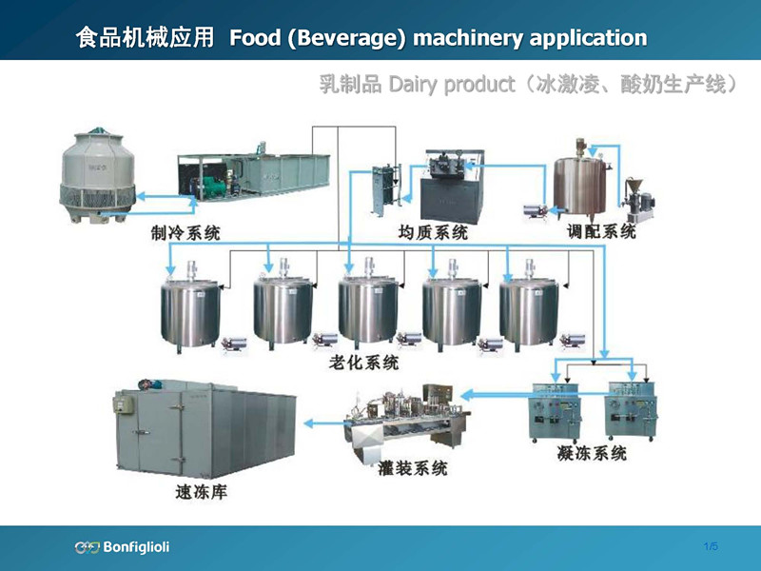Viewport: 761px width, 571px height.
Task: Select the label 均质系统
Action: [433, 232]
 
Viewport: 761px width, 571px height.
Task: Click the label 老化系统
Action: [363, 364]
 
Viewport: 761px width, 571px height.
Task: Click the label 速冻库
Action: [202, 492]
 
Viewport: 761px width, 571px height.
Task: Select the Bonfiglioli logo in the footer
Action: [122, 546]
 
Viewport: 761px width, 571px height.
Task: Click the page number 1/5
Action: [711, 546]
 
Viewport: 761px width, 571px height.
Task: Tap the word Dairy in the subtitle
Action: [412, 85]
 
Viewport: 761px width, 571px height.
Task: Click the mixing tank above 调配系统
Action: [582, 181]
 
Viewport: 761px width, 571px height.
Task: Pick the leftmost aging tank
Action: [193, 309]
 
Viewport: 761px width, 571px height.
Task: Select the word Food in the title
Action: [254, 38]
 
